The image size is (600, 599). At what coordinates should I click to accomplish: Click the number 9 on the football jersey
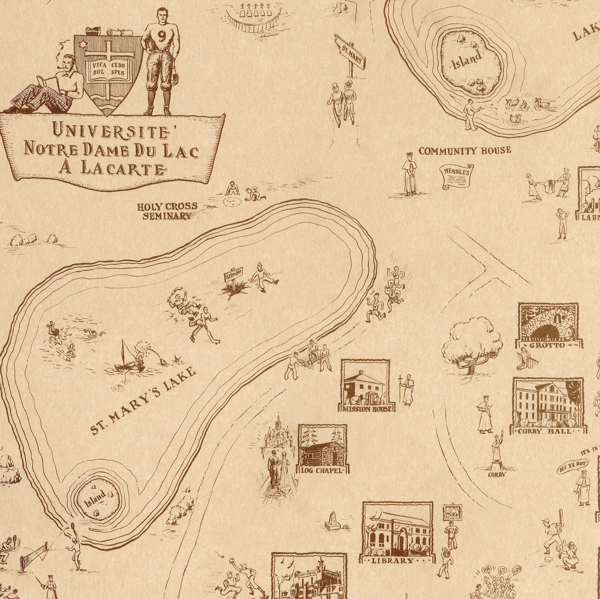click(161, 37)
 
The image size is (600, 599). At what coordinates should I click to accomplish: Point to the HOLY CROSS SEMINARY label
click(168, 211)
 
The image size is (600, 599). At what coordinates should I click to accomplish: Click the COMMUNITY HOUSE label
click(465, 151)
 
